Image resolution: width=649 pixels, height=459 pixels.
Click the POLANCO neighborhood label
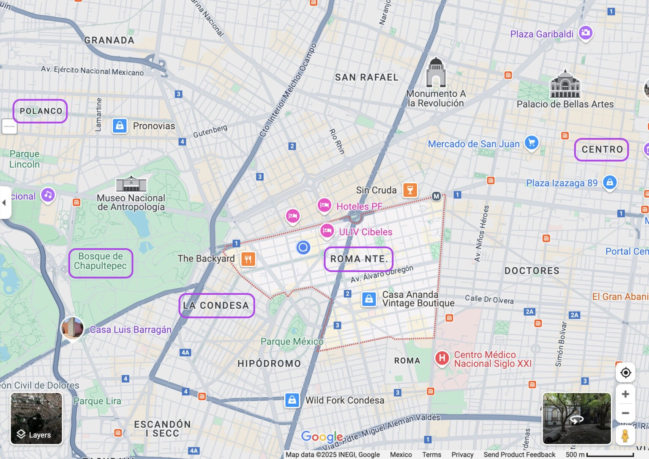(x=41, y=111)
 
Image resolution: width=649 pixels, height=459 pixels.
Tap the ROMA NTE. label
(x=359, y=259)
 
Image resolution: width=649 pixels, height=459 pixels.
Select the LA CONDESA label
(x=216, y=305)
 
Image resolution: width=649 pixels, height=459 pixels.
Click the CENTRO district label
(x=602, y=149)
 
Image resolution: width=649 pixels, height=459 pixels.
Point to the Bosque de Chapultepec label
(x=101, y=261)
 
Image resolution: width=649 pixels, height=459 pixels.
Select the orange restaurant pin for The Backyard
(x=248, y=258)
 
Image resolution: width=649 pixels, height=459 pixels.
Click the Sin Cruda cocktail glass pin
(x=410, y=190)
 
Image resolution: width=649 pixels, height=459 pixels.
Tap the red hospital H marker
(x=442, y=358)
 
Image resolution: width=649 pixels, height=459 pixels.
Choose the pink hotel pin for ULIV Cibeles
(x=327, y=231)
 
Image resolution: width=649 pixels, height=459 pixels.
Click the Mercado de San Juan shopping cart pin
(x=532, y=143)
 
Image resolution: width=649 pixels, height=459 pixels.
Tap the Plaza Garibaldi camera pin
(x=585, y=33)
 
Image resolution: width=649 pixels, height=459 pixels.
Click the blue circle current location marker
(x=303, y=247)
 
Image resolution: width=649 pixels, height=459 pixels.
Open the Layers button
(x=36, y=418)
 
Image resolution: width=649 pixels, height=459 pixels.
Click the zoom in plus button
(x=625, y=394)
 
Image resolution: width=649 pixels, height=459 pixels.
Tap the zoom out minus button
(x=625, y=413)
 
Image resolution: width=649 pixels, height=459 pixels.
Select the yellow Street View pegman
(x=625, y=435)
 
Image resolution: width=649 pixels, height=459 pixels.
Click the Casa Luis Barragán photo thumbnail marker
(x=72, y=328)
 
